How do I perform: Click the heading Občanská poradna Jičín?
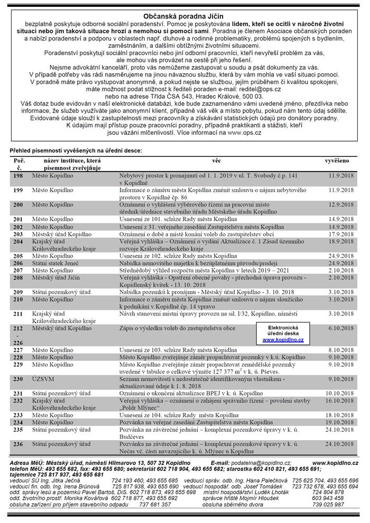point(184,16)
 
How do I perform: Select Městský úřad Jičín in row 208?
point(58,276)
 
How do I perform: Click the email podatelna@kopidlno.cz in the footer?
point(253,462)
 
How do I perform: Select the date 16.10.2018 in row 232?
point(340,400)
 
